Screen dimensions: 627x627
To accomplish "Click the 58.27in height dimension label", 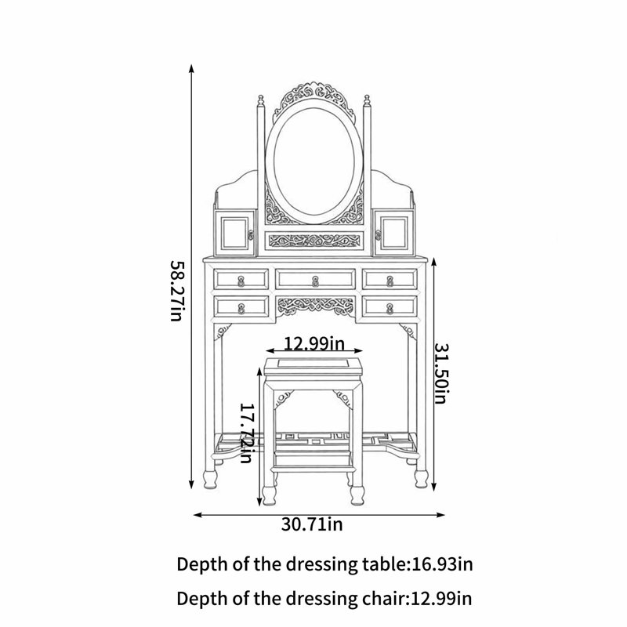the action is click(177, 291).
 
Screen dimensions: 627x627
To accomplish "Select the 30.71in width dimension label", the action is click(312, 524).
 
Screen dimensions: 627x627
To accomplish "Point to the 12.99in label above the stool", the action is click(314, 343).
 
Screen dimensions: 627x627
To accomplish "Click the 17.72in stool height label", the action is click(246, 433).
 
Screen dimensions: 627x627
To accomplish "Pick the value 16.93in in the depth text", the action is click(442, 564).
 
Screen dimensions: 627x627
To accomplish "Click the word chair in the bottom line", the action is click(384, 599).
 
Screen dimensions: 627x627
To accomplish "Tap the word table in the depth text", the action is click(384, 564).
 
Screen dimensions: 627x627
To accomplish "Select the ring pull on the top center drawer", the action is click(315, 281).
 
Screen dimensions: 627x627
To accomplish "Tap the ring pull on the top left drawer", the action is click(241, 281).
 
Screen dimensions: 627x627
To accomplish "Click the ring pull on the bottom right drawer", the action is click(390, 308).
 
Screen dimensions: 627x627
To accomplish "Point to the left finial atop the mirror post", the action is click(261, 100).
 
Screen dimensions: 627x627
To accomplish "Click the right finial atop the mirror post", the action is click(367, 100).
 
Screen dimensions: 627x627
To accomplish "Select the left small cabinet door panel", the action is click(234, 233).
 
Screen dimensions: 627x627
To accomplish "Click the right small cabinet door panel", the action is click(393, 233).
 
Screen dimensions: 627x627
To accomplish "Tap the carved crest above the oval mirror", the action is click(313, 98).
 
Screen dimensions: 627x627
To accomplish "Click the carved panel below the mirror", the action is click(314, 241).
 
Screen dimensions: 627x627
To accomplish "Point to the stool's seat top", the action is click(313, 365).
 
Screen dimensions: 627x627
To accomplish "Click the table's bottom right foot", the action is click(421, 479).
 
